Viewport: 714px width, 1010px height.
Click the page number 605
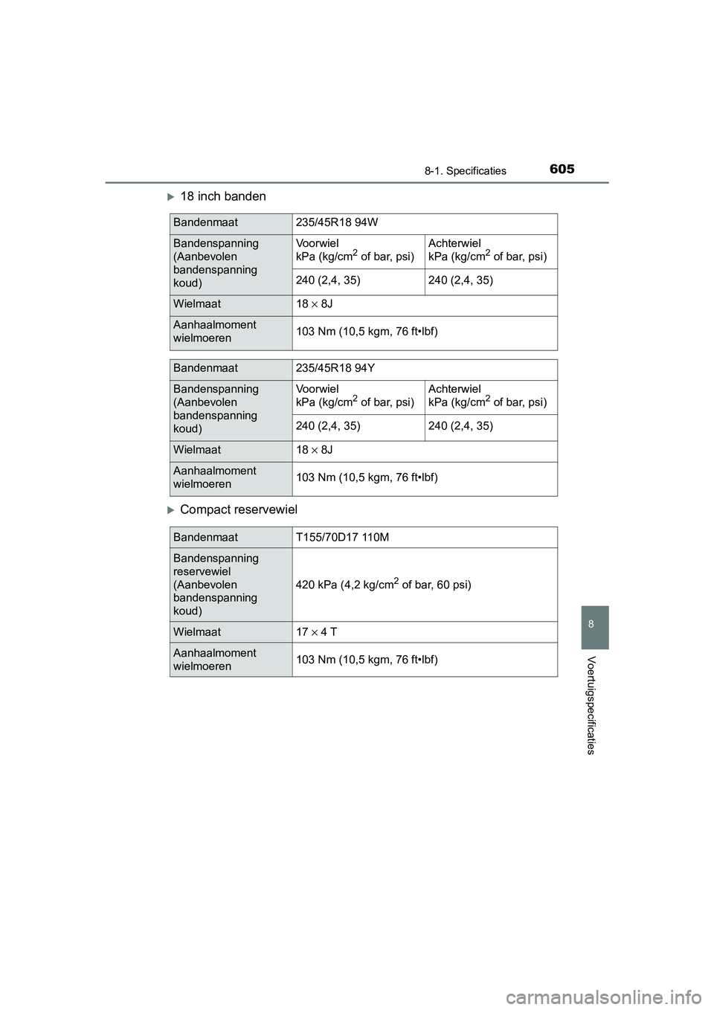tap(562, 169)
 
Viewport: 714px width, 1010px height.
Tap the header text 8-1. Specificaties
tap(466, 171)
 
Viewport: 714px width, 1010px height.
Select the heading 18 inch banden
tap(222, 196)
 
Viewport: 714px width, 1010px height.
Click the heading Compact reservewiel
tap(238, 509)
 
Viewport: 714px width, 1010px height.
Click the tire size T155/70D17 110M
tap(342, 537)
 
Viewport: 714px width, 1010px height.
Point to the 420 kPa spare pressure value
tap(383, 584)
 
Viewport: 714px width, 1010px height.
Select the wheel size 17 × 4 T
tap(316, 632)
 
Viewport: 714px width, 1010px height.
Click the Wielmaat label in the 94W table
tap(197, 304)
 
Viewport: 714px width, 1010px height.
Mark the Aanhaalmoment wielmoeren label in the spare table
tap(214, 660)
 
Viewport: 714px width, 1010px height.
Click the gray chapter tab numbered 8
tap(591, 625)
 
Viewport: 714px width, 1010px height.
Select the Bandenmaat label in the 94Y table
tap(205, 368)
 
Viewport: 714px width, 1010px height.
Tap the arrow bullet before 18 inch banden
tap(170, 197)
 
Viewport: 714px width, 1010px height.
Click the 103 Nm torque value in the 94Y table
tap(367, 477)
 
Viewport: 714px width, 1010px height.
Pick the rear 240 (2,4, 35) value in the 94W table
tap(460, 280)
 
